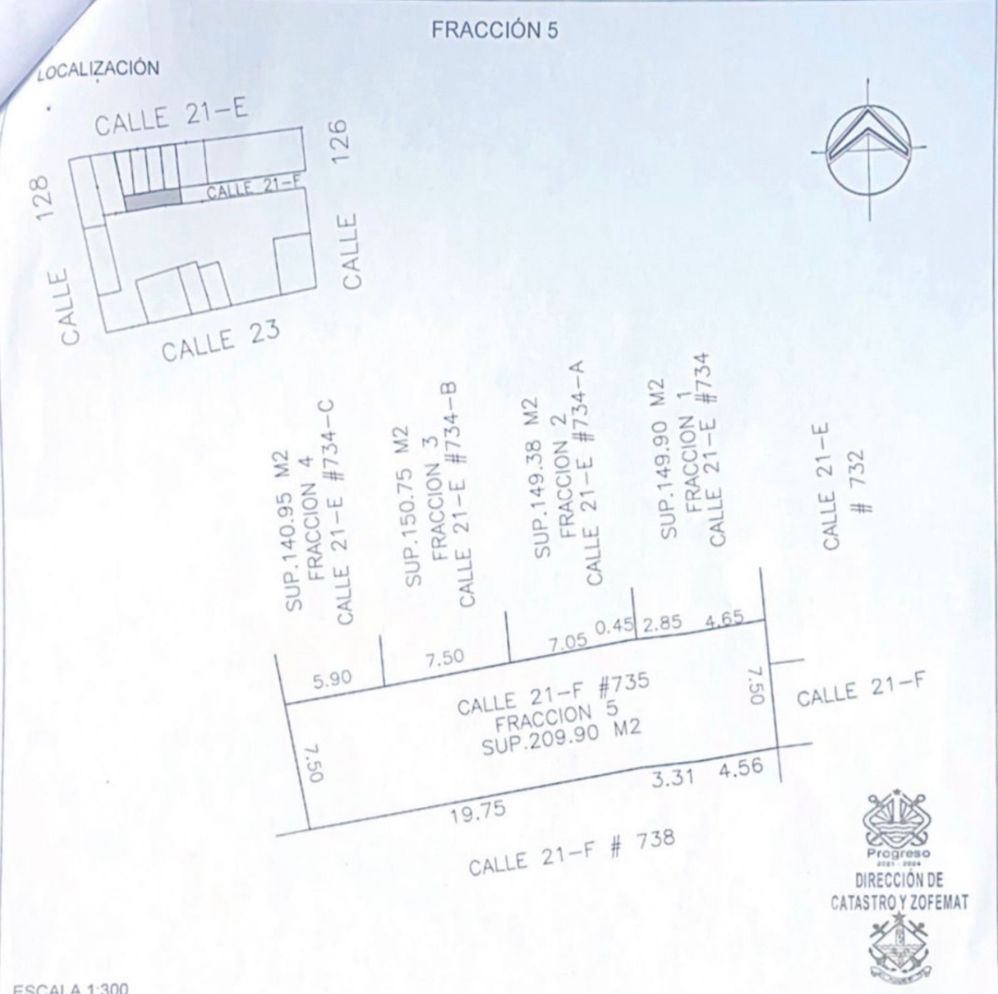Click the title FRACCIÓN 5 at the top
(495, 31)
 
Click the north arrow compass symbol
(868, 149)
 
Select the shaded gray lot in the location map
(153, 199)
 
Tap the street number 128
(45, 199)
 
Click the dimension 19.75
(477, 813)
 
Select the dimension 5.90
(333, 679)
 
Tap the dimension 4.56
(741, 769)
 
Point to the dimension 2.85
(662, 623)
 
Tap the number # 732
(857, 482)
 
